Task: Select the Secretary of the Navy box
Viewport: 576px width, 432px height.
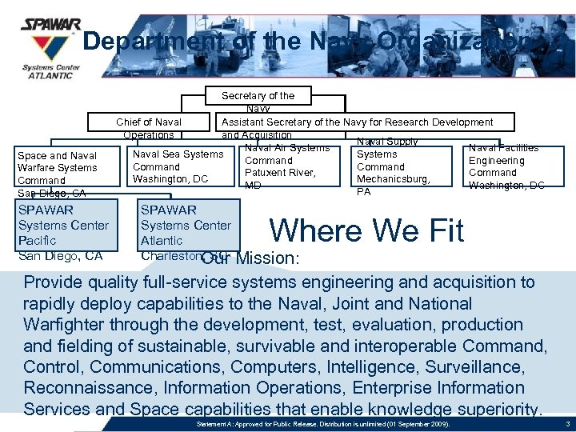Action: (258, 101)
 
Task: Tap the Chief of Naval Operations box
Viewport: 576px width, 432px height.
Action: (150, 128)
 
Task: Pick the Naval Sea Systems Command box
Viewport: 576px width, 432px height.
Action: (178, 166)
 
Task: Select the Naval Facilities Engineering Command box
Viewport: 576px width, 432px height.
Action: (506, 166)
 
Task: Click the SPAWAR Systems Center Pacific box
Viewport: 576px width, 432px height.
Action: (63, 232)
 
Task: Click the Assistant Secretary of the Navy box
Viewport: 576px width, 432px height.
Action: (357, 122)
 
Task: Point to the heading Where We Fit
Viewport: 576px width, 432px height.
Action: (366, 230)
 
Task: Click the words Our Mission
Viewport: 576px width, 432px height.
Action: (250, 259)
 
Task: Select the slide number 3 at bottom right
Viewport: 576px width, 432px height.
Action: (566, 422)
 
